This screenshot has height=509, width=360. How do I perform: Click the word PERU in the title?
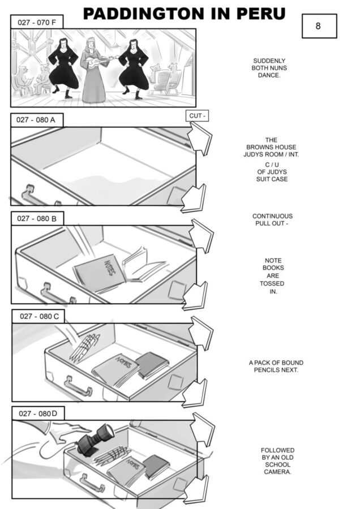tap(260, 14)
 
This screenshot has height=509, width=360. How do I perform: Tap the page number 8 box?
tap(319, 26)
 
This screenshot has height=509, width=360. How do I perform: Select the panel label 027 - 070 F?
tap(37, 22)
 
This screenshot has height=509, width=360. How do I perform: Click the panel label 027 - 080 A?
tap(37, 120)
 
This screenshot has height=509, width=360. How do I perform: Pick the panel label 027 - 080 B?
tap(37, 218)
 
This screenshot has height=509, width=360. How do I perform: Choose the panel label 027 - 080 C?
tap(38, 316)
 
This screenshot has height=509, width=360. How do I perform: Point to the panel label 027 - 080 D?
tap(38, 413)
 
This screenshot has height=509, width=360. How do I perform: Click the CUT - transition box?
tap(197, 116)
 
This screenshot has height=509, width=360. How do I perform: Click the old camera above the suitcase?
tap(95, 438)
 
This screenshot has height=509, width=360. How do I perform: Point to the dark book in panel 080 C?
tap(152, 365)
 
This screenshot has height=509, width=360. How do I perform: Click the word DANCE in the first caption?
tap(269, 75)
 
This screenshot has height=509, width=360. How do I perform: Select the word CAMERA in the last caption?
tap(277, 472)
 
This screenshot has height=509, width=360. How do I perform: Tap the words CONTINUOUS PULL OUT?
tap(272, 220)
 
